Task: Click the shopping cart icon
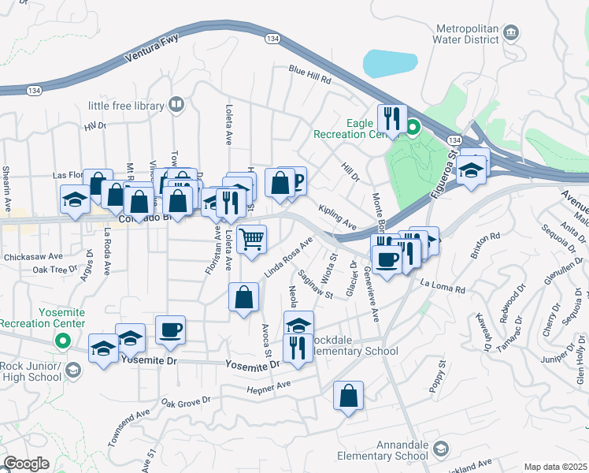pyautogui.click(x=251, y=238)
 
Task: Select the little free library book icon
pyautogui.click(x=177, y=105)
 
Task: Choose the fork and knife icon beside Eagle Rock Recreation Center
pyautogui.click(x=391, y=119)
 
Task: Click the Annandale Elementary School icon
pyautogui.click(x=440, y=449)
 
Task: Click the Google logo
pyautogui.click(x=26, y=464)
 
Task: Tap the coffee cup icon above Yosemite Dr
pyautogui.click(x=170, y=330)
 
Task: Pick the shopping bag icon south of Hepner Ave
pyautogui.click(x=348, y=397)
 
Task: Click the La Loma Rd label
pyautogui.click(x=443, y=282)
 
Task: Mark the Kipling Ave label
pyautogui.click(x=337, y=214)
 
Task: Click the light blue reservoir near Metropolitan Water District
pyautogui.click(x=391, y=63)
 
